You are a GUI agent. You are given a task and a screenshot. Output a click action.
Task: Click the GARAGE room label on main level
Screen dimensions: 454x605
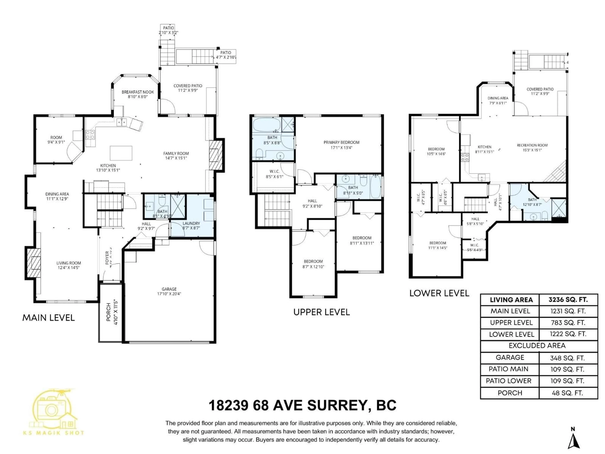169,289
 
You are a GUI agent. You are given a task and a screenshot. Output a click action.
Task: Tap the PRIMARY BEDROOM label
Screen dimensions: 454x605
341,142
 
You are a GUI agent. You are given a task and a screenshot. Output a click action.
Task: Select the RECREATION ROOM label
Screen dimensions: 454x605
532,145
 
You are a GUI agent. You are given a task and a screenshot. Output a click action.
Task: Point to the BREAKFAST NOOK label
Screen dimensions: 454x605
138,92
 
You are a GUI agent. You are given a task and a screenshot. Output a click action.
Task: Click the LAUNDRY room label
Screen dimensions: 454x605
191,223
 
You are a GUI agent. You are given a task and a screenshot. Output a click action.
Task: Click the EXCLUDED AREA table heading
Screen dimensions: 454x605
537,346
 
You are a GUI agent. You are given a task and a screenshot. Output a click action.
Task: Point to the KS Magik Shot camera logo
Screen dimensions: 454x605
54,410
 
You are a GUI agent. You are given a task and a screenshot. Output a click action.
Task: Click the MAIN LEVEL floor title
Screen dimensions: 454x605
48,318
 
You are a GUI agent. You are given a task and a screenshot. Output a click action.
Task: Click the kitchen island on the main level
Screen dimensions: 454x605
121,153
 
